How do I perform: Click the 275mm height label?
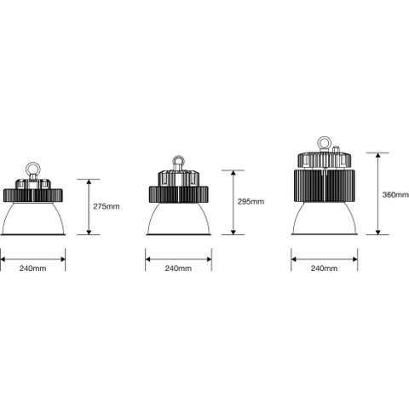click(107, 206)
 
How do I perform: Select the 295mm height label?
click(251, 202)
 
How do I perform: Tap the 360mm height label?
click(395, 194)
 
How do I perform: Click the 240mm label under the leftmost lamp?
click(32, 268)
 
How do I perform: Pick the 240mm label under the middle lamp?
click(178, 268)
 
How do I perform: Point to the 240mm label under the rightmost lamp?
click(324, 268)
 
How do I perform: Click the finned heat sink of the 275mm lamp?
click(33, 195)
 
